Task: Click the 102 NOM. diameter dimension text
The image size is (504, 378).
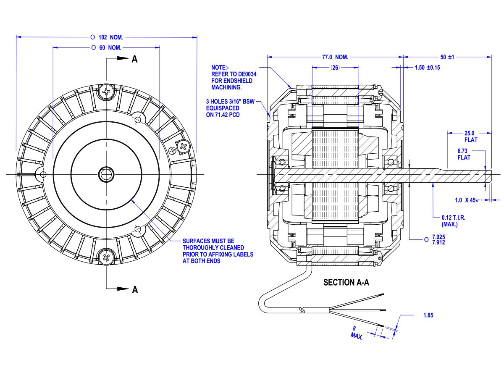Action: [x=110, y=37]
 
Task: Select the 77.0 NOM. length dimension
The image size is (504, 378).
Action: [x=335, y=57]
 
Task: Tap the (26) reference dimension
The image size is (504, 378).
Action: [x=335, y=67]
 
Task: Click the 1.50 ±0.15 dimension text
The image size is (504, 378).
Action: [x=427, y=67]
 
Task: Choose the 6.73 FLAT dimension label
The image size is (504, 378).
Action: [x=464, y=154]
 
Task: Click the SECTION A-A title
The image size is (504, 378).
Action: [x=346, y=283]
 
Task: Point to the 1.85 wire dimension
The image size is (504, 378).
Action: [x=428, y=315]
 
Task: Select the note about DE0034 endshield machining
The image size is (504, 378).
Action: [x=234, y=77]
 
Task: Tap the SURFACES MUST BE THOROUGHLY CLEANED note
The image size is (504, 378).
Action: [x=218, y=251]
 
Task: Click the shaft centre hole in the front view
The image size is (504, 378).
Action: [x=106, y=174]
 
